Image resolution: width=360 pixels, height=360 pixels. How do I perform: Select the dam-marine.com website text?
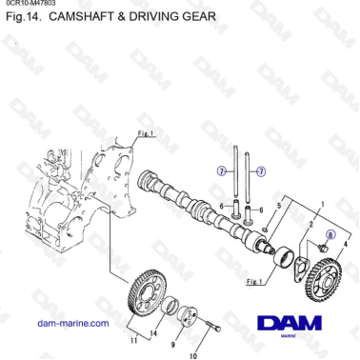[x=71, y=324]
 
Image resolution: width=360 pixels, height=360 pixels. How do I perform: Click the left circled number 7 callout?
[x=221, y=171]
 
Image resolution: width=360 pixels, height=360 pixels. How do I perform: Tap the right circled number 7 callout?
[x=261, y=171]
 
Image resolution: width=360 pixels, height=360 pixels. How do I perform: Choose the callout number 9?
[x=174, y=346]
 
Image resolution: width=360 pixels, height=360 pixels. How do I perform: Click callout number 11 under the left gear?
[x=132, y=339]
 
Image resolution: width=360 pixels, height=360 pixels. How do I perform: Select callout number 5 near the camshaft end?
[x=278, y=207]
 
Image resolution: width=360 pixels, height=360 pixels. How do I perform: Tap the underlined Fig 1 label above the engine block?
[x=146, y=133]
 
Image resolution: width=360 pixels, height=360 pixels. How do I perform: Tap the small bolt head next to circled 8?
[x=321, y=248]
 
